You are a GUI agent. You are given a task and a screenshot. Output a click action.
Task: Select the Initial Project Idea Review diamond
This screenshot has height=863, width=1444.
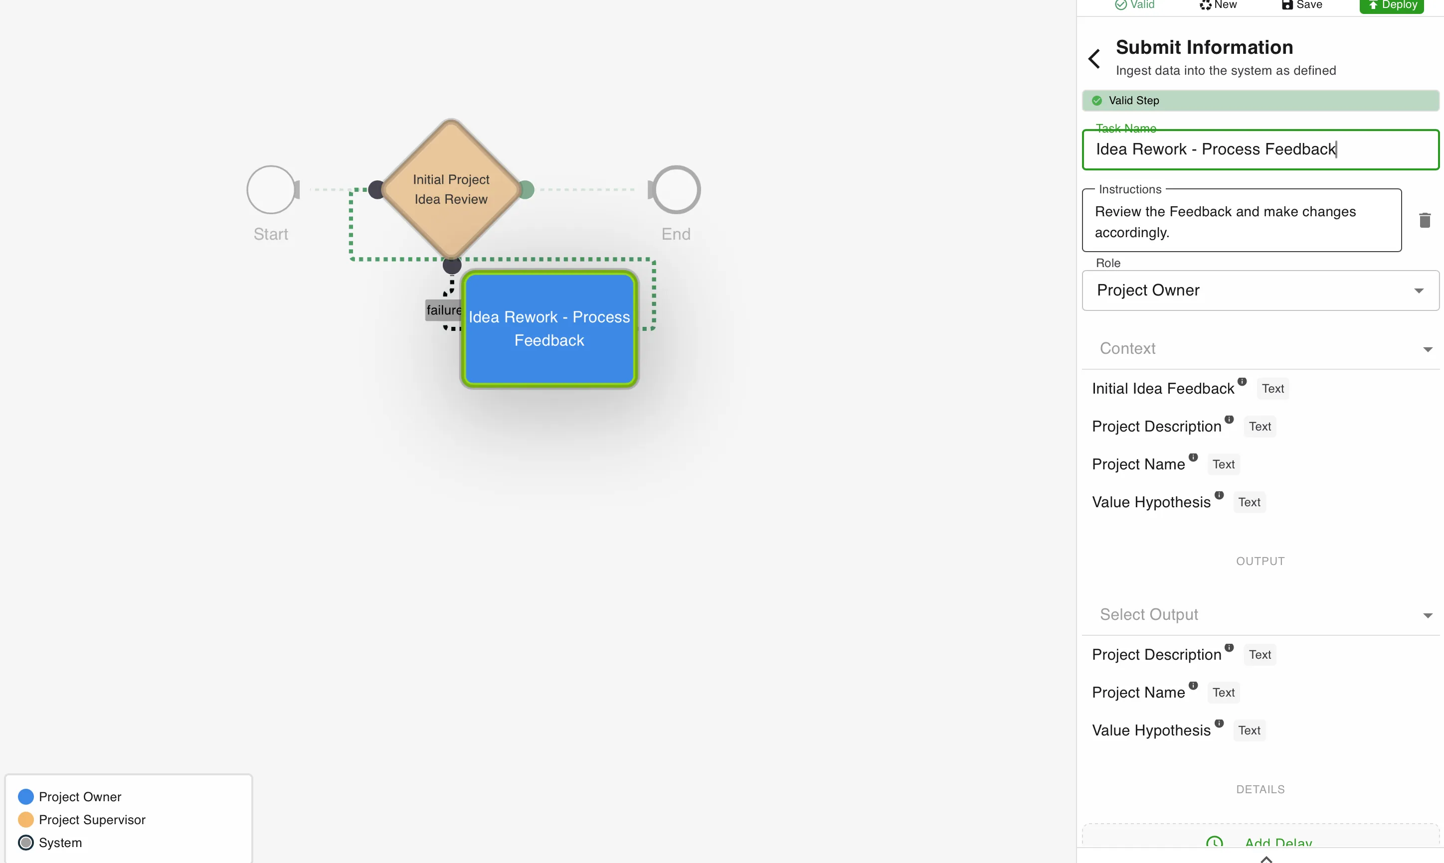(451, 189)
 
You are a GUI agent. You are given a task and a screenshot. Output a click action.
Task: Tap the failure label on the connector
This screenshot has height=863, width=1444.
(443, 310)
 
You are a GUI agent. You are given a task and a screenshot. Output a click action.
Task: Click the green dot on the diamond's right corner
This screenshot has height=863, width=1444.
(526, 189)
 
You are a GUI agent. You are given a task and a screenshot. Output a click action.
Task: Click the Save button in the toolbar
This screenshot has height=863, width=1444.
(1302, 5)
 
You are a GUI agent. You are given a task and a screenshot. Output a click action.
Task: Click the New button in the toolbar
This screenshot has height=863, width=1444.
(1218, 5)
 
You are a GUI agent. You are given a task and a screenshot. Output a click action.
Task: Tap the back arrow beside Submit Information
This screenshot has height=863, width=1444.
(1094, 58)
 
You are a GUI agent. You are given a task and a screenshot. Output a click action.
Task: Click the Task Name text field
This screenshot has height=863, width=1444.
(1260, 149)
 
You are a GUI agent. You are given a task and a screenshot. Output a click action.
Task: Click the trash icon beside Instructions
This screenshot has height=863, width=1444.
(1425, 220)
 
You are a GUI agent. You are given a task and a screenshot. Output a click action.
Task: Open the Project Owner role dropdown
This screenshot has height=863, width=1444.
(1260, 290)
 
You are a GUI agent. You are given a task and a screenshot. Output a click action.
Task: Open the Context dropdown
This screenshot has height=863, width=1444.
(1260, 349)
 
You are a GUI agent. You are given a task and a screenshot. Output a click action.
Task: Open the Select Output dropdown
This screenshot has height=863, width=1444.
(1260, 615)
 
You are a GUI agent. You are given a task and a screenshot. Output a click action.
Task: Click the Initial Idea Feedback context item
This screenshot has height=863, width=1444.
(1163, 389)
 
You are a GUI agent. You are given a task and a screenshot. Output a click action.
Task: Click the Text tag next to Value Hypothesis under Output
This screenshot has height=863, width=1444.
(1249, 730)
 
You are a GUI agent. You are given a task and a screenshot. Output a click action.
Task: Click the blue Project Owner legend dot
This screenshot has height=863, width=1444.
(25, 797)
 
